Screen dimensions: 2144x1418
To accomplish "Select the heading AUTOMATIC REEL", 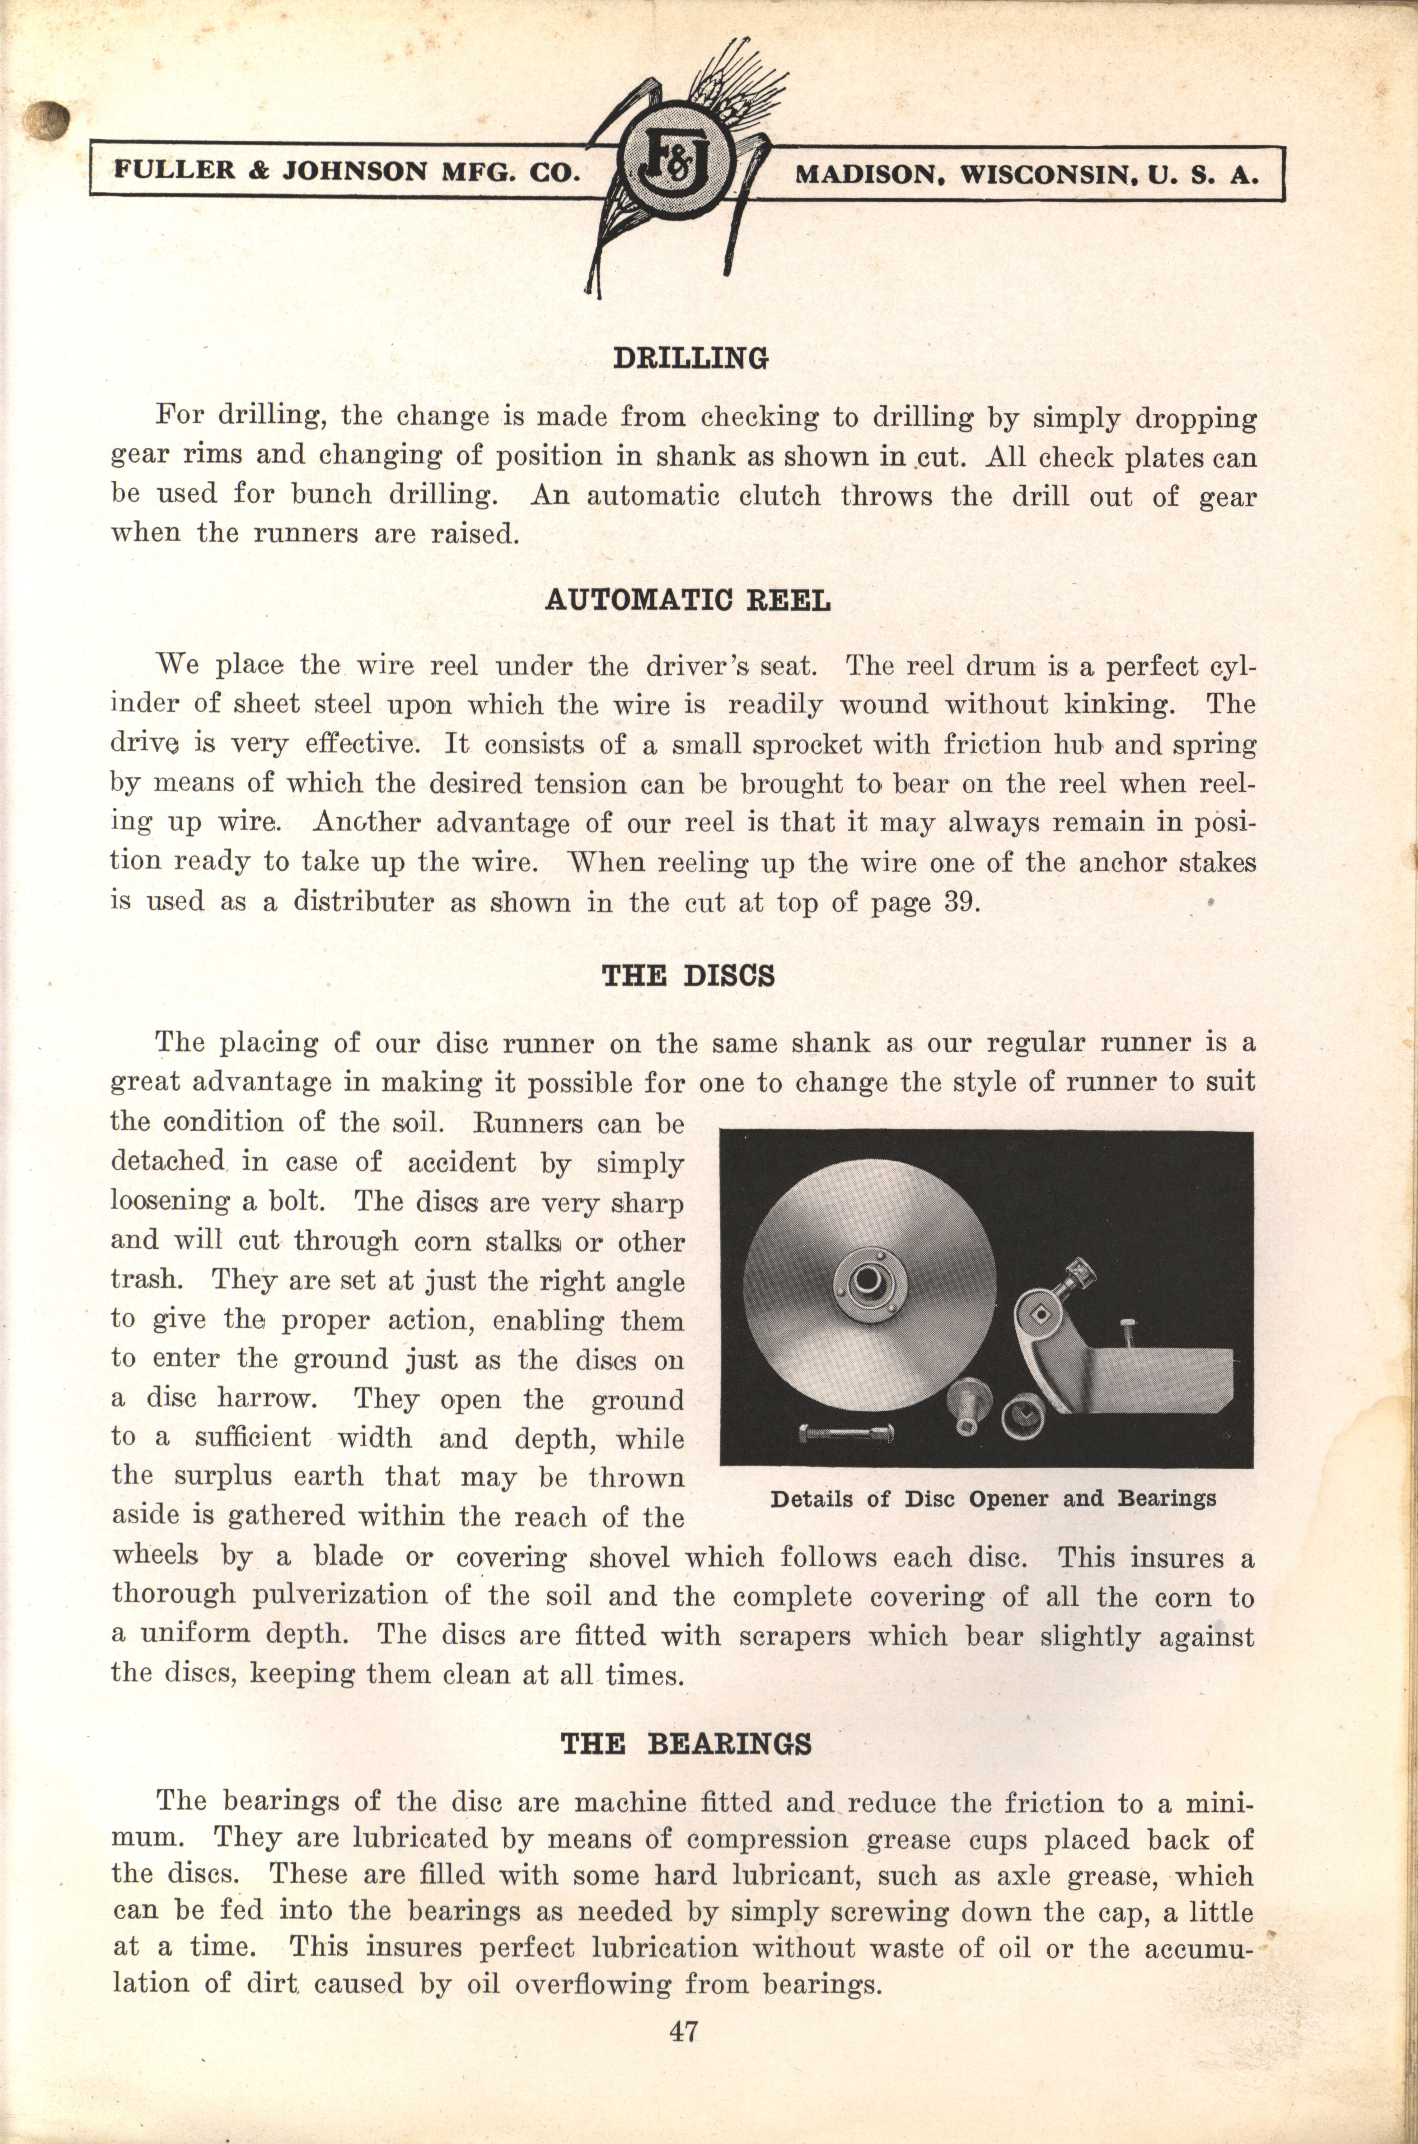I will [x=687, y=601].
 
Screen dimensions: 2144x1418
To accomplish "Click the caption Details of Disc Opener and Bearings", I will [x=992, y=1499].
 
